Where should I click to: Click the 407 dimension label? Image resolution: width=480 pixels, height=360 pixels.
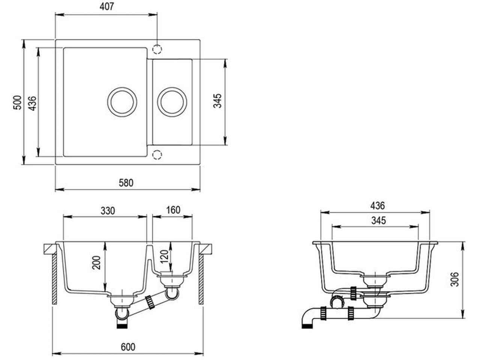pos(107,6)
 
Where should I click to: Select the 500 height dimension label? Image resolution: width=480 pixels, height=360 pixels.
pos(18,102)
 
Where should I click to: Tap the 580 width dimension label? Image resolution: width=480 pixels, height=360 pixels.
pos(126,183)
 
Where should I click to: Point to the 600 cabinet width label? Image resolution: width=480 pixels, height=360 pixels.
pos(128,347)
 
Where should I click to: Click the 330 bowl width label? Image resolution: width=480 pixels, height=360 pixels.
pos(108,211)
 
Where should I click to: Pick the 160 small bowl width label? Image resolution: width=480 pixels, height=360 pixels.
pos(173,210)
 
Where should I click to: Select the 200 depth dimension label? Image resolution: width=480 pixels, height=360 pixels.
pos(96,263)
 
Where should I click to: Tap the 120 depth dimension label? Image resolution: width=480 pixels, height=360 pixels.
pos(164,256)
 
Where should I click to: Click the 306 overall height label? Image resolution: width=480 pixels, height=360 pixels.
pos(454,279)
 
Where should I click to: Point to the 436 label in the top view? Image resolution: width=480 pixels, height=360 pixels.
pos(32,103)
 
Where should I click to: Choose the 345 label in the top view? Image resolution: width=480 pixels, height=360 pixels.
pos(217,101)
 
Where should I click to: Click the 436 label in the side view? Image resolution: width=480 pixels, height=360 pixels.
pos(378,206)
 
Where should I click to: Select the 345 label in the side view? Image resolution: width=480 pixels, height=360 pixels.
pos(378,220)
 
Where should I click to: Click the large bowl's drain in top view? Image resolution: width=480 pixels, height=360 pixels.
pos(122,102)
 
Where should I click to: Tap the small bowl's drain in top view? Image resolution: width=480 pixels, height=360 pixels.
pos(172,102)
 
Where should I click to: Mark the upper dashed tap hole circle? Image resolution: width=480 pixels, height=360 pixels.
pos(157,49)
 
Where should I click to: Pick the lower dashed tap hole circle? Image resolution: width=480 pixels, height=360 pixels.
pos(157,155)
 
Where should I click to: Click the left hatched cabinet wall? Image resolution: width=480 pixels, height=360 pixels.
pos(54,279)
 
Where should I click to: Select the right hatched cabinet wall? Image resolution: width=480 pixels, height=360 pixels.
pos(201,279)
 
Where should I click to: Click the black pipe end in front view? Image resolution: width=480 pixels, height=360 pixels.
pos(122,326)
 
